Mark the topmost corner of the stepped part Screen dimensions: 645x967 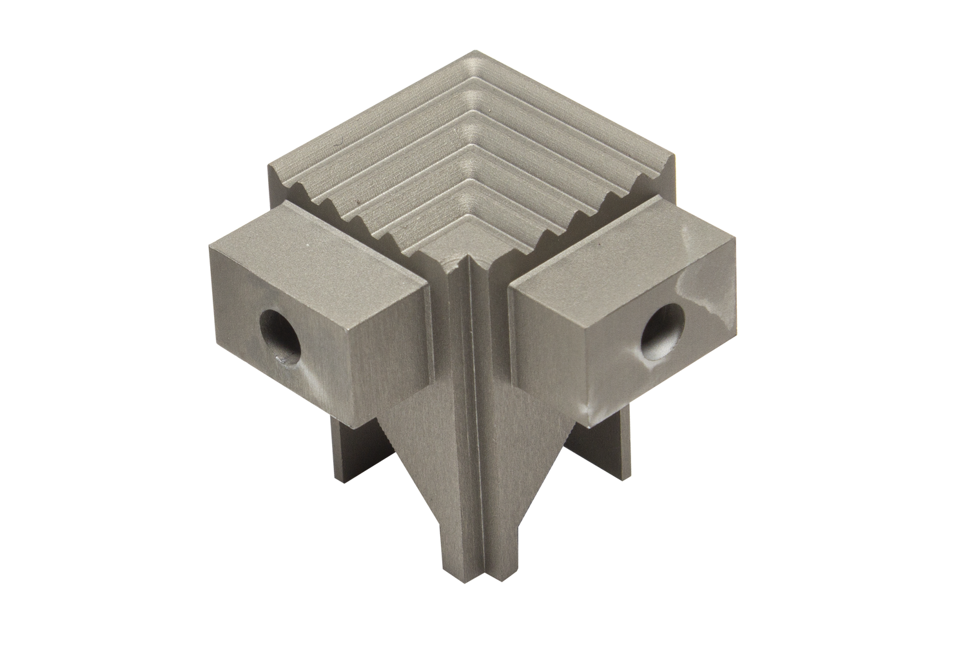484,50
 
